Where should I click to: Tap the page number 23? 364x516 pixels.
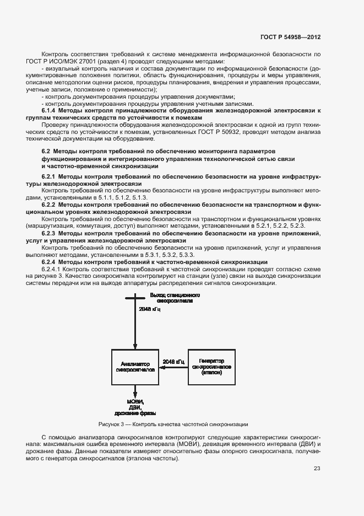(x=317, y=469)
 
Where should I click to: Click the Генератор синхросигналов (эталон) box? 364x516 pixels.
(x=211, y=366)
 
